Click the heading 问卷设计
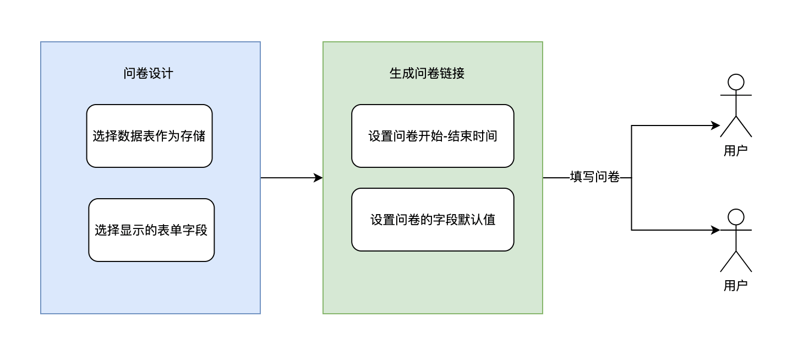[x=149, y=73]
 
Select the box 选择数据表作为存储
[x=149, y=136]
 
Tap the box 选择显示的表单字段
[x=151, y=230]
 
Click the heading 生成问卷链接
[x=427, y=73]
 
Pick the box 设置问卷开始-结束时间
[x=433, y=136]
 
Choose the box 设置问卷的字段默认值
[x=433, y=220]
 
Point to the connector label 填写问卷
[x=594, y=177]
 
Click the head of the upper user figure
[x=736, y=82]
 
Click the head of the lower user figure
[x=736, y=217]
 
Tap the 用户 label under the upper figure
[x=736, y=151]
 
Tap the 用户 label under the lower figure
[x=736, y=286]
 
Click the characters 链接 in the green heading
[x=452, y=73]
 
